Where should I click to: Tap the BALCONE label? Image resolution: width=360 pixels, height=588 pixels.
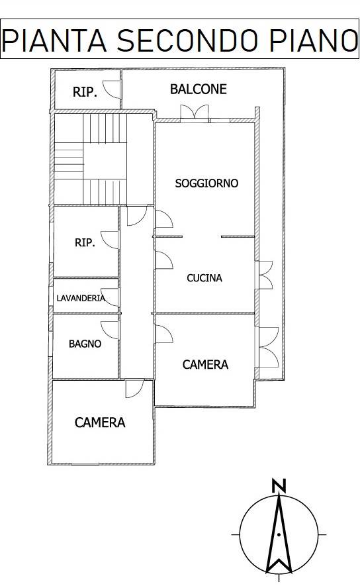pyautogui.click(x=198, y=89)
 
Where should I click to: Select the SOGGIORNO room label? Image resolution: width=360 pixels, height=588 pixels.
pyautogui.click(x=206, y=183)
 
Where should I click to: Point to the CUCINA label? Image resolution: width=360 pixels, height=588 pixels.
pyautogui.click(x=204, y=278)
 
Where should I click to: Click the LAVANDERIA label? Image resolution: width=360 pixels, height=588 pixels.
pyautogui.click(x=81, y=298)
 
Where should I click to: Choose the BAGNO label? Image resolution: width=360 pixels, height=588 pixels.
pyautogui.click(x=85, y=344)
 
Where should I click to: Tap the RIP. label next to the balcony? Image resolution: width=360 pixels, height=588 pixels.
pyautogui.click(x=85, y=92)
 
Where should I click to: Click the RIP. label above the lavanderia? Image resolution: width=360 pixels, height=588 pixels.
pyautogui.click(x=85, y=242)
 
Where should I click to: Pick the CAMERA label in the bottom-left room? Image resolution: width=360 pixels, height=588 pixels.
pyautogui.click(x=100, y=422)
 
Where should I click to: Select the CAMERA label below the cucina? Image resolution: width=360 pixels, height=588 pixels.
pyautogui.click(x=205, y=364)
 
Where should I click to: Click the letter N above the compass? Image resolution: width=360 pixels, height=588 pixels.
pyautogui.click(x=279, y=485)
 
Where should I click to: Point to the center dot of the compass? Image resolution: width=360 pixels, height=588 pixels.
pyautogui.click(x=279, y=534)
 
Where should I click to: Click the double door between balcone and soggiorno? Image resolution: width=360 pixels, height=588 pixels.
pyautogui.click(x=194, y=113)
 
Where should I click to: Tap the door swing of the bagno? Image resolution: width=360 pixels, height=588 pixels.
pyautogui.click(x=109, y=330)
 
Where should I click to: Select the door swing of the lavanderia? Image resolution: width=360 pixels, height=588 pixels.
pyautogui.click(x=110, y=297)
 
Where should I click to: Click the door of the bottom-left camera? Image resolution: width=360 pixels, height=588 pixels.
pyautogui.click(x=134, y=389)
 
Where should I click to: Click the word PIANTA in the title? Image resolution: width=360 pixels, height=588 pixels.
pyautogui.click(x=54, y=40)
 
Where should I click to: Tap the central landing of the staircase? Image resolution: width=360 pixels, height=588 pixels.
pyautogui.click(x=105, y=162)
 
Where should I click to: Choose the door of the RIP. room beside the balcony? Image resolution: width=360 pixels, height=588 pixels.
pyautogui.click(x=112, y=89)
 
